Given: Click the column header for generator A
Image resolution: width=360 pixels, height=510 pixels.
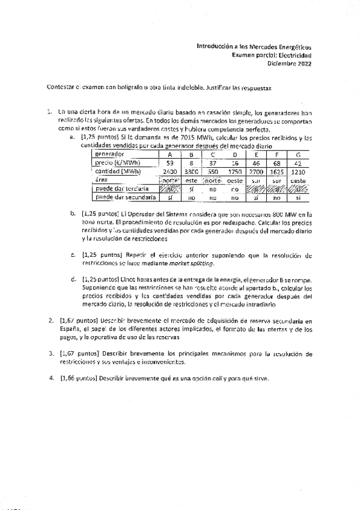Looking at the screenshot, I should pos(170,155).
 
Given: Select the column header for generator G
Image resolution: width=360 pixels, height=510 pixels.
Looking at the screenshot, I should pos(298,155).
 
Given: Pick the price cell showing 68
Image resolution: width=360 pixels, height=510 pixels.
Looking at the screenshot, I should pos(278,163).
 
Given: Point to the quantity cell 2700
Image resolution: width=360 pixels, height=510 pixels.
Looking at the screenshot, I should pos(256,171).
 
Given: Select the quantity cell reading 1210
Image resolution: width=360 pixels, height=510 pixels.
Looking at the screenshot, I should pos(298,171).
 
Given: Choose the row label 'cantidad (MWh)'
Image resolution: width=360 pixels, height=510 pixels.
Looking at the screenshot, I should pos(118,171).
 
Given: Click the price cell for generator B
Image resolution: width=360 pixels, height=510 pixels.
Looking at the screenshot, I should pos(191,163).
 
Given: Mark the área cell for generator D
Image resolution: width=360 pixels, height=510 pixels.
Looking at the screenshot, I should pos(234,180).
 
